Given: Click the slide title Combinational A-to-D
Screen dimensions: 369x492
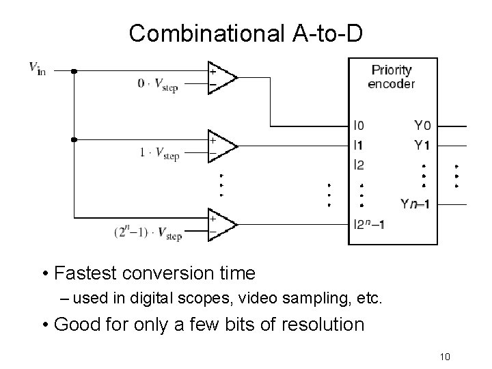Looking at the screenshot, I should pyautogui.click(x=246, y=33).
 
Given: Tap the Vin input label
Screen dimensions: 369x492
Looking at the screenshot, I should pyautogui.click(x=38, y=68).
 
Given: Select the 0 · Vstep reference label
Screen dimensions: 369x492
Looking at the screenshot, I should pyautogui.click(x=158, y=85).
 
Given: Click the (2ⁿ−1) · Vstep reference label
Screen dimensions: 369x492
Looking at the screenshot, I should pyautogui.click(x=148, y=232).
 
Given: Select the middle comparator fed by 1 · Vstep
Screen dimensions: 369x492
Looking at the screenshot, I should pyautogui.click(x=221, y=146).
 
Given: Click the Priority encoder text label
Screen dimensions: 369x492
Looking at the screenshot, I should pyautogui.click(x=391, y=77).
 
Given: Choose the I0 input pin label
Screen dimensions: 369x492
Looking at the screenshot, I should pyautogui.click(x=359, y=126).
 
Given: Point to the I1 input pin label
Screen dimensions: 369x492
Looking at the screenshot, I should pyautogui.click(x=359, y=145).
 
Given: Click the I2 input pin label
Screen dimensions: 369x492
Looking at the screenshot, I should pyautogui.click(x=359, y=164).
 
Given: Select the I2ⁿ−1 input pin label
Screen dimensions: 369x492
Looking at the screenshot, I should pyautogui.click(x=369, y=223).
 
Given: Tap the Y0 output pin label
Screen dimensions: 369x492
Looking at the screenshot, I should pyautogui.click(x=422, y=126).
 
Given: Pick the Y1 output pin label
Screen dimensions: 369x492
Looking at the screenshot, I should pyautogui.click(x=422, y=145).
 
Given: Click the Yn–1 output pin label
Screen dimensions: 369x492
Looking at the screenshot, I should pyautogui.click(x=415, y=204).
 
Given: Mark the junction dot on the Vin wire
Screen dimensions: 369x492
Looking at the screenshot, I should pyautogui.click(x=74, y=70).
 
